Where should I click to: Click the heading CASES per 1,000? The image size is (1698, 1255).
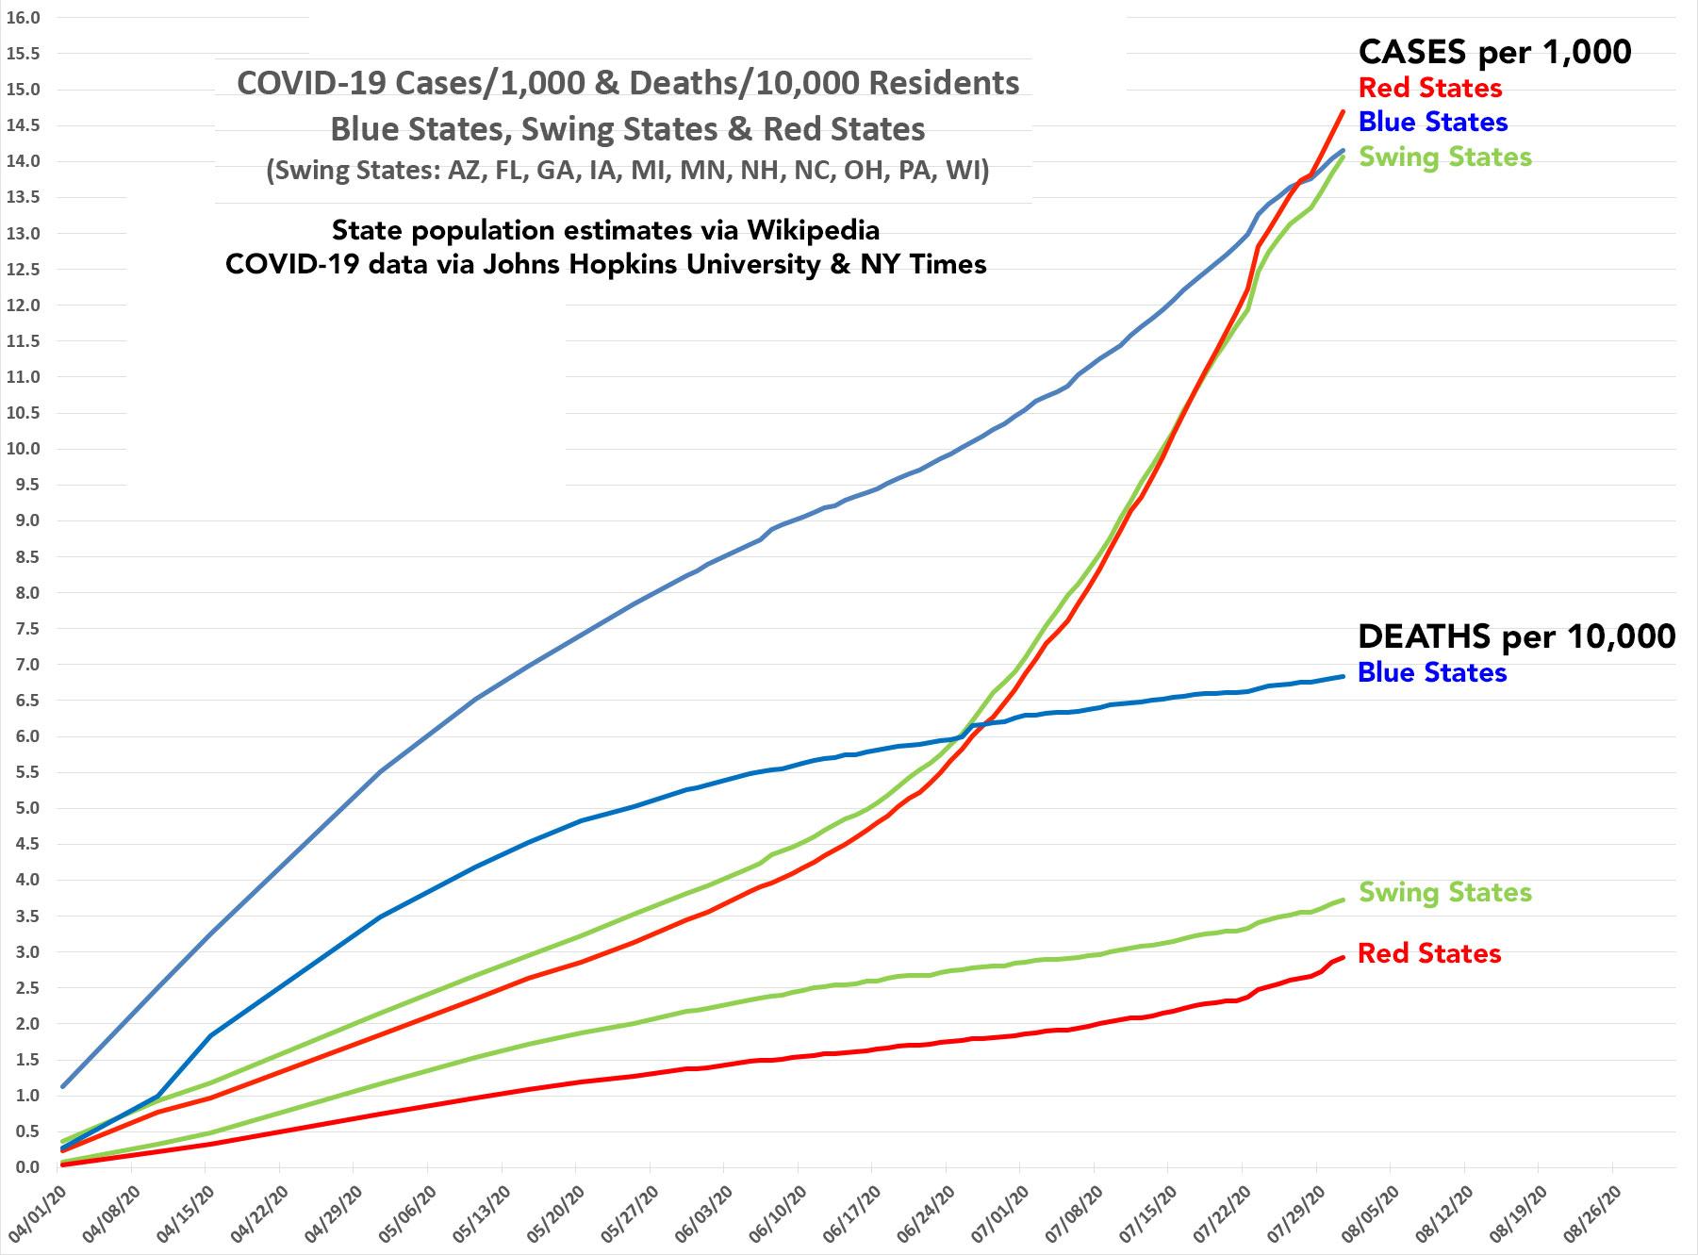tap(1494, 53)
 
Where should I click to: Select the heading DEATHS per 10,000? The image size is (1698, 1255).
tap(1516, 636)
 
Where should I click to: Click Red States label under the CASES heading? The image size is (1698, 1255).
tap(1429, 89)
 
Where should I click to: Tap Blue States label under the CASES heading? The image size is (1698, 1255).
tap(1432, 123)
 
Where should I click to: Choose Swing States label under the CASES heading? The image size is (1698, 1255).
tap(1444, 157)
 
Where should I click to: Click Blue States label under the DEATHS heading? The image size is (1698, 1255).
tap(1432, 673)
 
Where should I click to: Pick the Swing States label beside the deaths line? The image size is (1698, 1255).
tap(1444, 893)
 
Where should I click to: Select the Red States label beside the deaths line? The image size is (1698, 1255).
tap(1429, 953)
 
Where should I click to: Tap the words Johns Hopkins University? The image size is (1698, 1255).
tap(638, 264)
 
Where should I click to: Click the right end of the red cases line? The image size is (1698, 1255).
tap(1343, 112)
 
